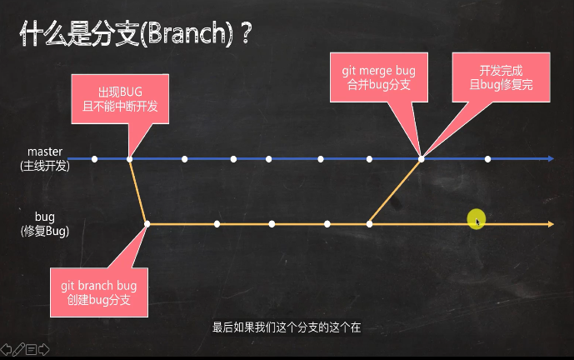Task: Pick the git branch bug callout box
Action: pyautogui.click(x=97, y=292)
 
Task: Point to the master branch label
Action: pyautogui.click(x=45, y=152)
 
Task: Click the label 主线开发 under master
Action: pyautogui.click(x=45, y=166)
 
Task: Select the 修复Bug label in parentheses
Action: pyautogui.click(x=45, y=232)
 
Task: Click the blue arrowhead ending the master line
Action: pyautogui.click(x=550, y=158)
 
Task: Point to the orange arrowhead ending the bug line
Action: pyautogui.click(x=550, y=223)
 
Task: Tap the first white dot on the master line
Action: pyautogui.click(x=94, y=158)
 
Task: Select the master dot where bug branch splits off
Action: pyautogui.click(x=129, y=158)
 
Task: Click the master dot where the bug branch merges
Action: pyautogui.click(x=422, y=158)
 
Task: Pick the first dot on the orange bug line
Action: pyautogui.click(x=147, y=223)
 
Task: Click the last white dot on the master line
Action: pyautogui.click(x=487, y=158)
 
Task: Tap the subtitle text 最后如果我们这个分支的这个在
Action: pyautogui.click(x=286, y=327)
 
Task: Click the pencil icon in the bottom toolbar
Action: pyautogui.click(x=17, y=350)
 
